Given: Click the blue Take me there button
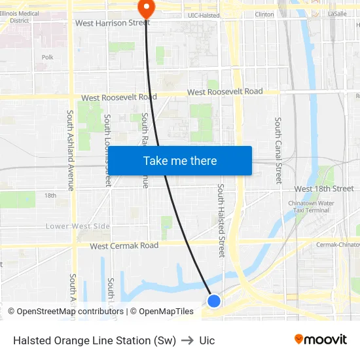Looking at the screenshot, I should (x=179, y=160).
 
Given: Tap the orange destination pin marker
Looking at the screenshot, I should (x=145, y=9).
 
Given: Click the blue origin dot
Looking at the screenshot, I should (x=214, y=300).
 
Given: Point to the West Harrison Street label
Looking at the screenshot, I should (x=113, y=23).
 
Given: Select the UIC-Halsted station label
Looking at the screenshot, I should (x=204, y=14).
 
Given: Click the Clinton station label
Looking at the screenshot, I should (x=264, y=14).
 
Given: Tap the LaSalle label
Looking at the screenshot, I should (x=336, y=14).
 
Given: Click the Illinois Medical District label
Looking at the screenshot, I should (x=20, y=16).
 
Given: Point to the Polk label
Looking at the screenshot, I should (x=47, y=58).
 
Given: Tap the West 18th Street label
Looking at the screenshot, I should (x=324, y=189).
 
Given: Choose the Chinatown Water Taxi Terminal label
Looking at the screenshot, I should (x=312, y=207).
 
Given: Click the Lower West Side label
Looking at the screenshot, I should (x=77, y=226).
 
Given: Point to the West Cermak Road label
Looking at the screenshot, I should (x=124, y=246).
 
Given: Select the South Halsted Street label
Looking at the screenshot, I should (x=221, y=220).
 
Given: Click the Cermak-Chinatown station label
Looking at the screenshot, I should (x=337, y=244).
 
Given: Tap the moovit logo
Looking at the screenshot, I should (x=321, y=340).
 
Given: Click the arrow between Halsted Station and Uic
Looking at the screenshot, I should (x=188, y=341).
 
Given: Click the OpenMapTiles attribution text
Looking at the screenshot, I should (x=162, y=312).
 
